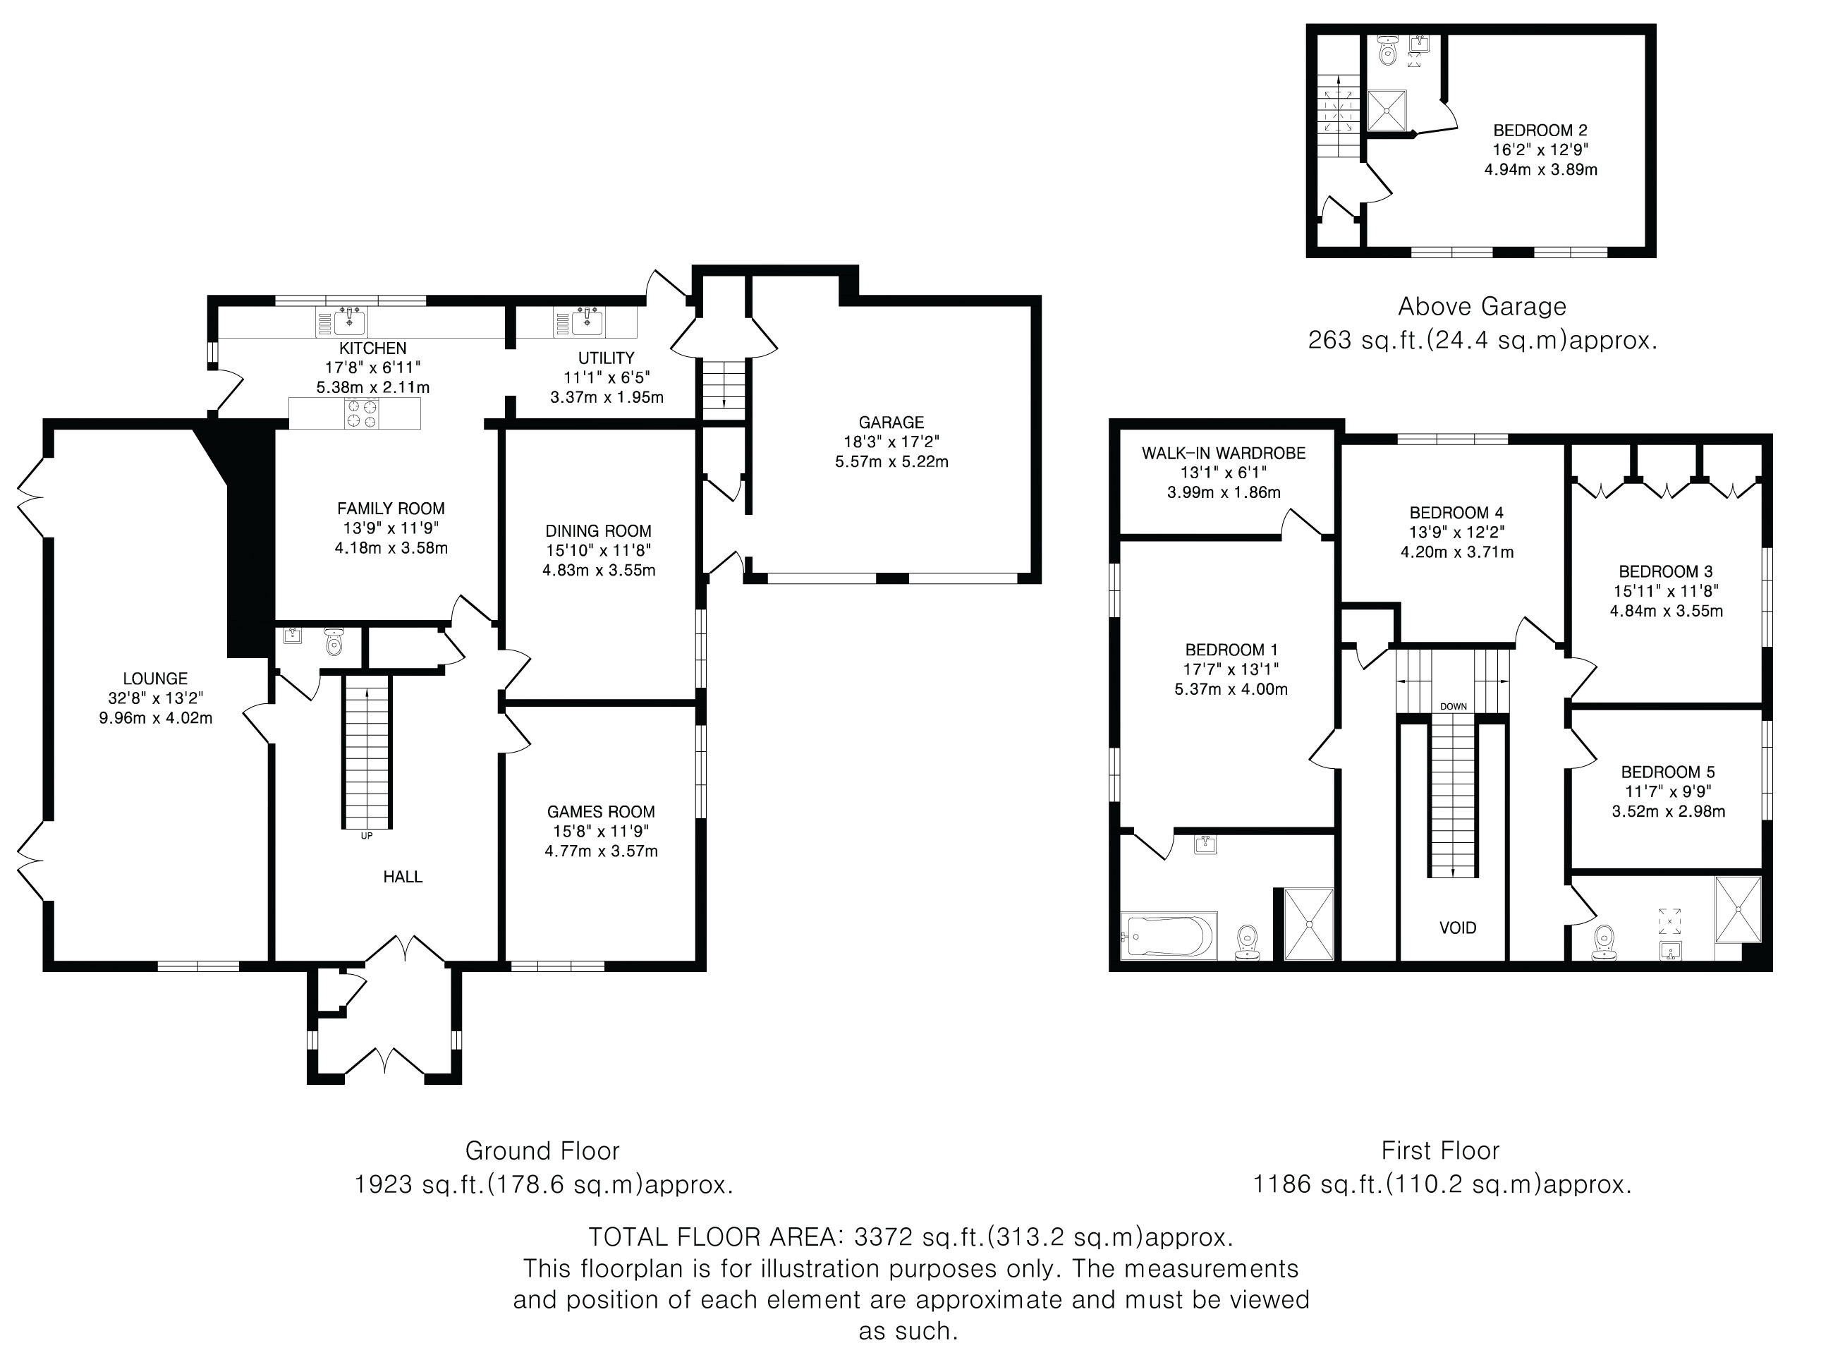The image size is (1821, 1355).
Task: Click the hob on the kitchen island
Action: coord(362,413)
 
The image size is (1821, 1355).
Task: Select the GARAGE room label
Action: coord(891,423)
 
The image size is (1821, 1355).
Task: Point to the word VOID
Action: coord(1458,928)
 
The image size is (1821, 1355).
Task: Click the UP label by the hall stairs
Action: coord(367,836)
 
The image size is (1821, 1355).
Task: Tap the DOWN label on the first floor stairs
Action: coord(1454,706)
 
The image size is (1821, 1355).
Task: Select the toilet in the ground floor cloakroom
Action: coord(334,643)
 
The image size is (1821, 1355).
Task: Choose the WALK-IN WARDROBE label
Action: coord(1224,453)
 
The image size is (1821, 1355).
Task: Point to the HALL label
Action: coord(403,877)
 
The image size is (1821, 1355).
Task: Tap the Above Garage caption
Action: coord(1482,307)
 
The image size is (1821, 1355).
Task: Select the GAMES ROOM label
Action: coord(601,811)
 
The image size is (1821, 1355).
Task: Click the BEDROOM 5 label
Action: coord(1668,772)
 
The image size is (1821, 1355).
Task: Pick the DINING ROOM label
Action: coord(599,530)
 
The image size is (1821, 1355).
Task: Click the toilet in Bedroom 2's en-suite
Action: coord(1387,51)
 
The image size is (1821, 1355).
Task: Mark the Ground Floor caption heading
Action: coord(542,1150)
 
